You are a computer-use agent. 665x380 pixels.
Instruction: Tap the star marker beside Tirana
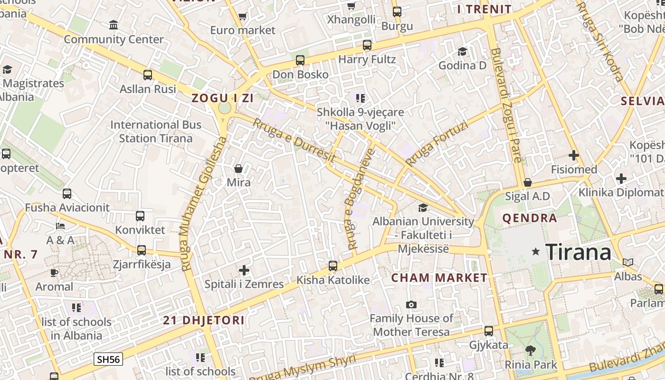click(536, 251)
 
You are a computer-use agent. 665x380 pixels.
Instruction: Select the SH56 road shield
click(108, 359)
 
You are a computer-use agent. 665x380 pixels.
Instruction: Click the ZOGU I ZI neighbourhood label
click(222, 98)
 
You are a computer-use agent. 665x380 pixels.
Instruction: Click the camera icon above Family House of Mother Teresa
click(411, 304)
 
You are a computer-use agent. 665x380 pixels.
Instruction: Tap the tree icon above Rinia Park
click(531, 351)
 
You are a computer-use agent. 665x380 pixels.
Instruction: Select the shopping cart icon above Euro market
click(243, 17)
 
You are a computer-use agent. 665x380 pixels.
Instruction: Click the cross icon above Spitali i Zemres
click(244, 270)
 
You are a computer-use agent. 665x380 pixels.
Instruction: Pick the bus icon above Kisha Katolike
click(333, 266)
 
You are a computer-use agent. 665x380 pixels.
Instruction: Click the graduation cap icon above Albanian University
click(423, 208)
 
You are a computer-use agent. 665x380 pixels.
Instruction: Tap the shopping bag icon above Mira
click(238, 169)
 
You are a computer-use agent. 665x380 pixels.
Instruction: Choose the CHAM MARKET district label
click(439, 278)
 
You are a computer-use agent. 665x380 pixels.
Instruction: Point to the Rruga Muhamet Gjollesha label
click(203, 204)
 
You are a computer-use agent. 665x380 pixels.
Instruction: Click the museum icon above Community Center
click(114, 25)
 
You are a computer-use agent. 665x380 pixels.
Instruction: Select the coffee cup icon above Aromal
click(54, 273)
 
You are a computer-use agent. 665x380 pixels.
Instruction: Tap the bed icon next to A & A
click(60, 226)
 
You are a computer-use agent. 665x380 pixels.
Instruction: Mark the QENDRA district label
click(530, 218)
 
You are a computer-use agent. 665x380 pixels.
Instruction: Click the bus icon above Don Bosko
click(300, 60)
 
